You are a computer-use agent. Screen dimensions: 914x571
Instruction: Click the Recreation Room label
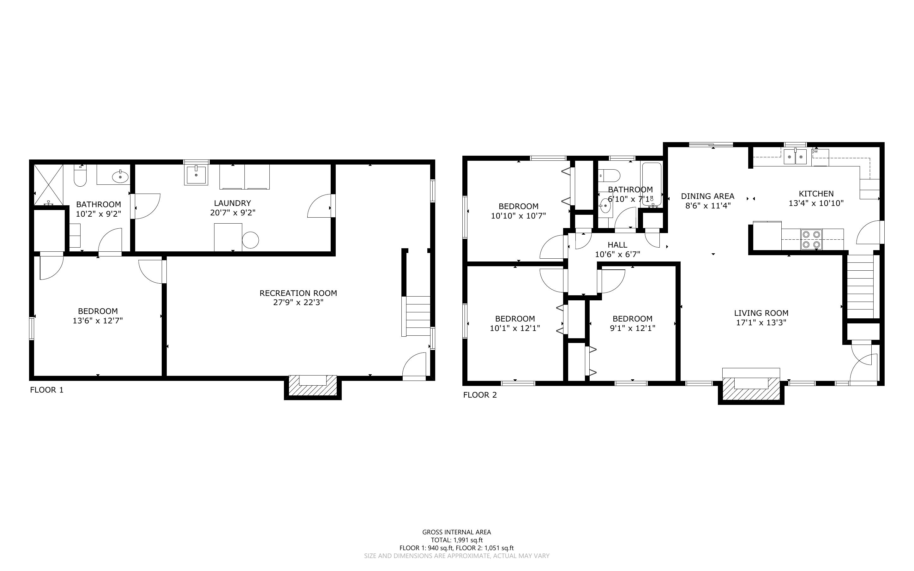[298, 293]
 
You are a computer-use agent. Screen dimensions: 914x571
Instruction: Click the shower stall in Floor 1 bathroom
[48, 185]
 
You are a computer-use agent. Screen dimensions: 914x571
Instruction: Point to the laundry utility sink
[196, 175]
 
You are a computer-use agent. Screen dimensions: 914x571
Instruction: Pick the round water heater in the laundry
[250, 240]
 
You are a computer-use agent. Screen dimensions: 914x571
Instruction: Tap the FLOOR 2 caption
[480, 395]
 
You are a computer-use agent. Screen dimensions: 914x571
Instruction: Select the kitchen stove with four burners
[811, 239]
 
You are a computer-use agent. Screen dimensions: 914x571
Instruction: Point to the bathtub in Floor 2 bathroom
[652, 184]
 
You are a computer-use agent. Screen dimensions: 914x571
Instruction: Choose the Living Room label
[761, 313]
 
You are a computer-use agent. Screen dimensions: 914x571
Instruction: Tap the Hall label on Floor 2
[618, 245]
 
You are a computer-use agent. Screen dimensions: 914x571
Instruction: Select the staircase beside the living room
[861, 287]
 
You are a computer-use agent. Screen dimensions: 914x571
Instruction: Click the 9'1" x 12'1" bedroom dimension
[633, 328]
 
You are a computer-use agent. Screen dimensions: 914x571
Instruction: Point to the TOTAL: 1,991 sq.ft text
[457, 540]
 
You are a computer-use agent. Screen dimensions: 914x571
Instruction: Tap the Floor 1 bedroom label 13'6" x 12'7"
[98, 321]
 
